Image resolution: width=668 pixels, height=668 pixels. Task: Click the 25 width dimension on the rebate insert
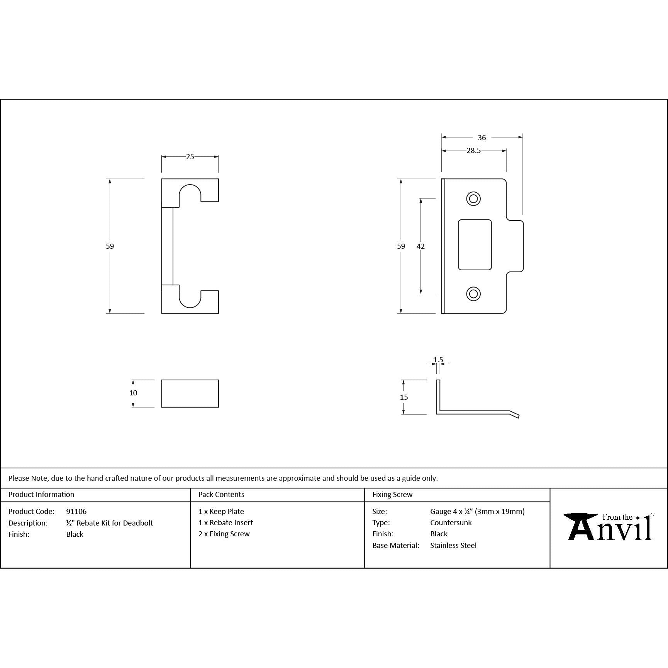pyautogui.click(x=190, y=157)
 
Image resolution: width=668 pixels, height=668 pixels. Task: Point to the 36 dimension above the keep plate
pyautogui.click(x=482, y=137)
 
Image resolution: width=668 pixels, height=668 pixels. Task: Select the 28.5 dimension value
pyautogui.click(x=473, y=151)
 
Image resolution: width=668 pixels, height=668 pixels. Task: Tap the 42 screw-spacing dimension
pyautogui.click(x=421, y=246)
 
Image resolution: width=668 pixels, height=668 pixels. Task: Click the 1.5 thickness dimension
pyautogui.click(x=438, y=360)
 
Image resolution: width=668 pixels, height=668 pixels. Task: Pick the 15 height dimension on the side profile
pyautogui.click(x=404, y=397)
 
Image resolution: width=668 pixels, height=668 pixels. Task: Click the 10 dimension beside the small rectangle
pyautogui.click(x=133, y=393)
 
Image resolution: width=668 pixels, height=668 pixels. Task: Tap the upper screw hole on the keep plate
pyautogui.click(x=473, y=199)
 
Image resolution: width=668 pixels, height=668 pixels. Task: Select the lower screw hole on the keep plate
pyautogui.click(x=473, y=294)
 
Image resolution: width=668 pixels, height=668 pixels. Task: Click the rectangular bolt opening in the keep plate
pyautogui.click(x=475, y=245)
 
